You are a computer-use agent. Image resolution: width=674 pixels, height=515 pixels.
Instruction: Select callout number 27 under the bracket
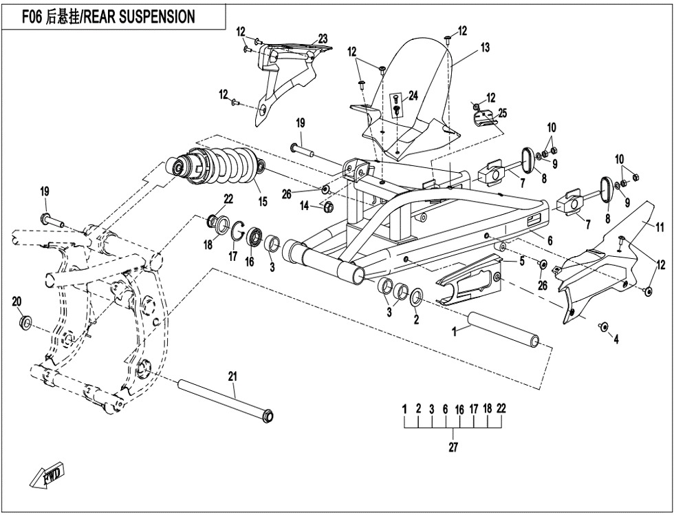[x=453, y=447]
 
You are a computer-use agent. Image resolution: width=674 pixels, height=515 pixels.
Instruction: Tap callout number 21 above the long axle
[x=232, y=375]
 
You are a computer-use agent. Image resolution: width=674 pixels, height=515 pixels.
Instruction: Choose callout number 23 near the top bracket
[x=323, y=39]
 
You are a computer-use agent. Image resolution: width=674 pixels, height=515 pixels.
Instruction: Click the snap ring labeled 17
[x=237, y=233]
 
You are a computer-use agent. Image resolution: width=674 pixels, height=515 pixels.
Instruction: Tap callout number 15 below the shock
[x=262, y=202]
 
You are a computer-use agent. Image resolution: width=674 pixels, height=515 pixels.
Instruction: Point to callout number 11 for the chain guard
[x=659, y=227]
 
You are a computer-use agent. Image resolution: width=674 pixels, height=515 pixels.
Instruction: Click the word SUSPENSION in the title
[x=151, y=17]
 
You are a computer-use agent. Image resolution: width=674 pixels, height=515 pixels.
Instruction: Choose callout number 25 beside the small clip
[x=503, y=113]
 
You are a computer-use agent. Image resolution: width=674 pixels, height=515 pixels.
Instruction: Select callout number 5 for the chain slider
[x=522, y=262]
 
